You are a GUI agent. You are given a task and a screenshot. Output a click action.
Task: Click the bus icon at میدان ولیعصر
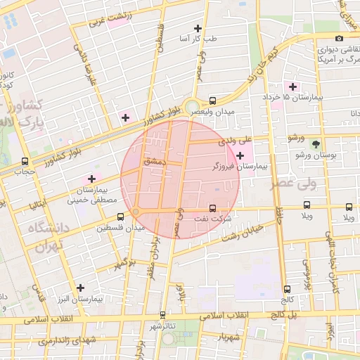(213, 100)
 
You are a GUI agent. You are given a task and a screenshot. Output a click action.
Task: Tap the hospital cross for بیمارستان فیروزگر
(240, 155)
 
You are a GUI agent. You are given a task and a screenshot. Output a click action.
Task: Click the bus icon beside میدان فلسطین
(120, 214)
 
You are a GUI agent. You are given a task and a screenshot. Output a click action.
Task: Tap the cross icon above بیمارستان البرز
(82, 288)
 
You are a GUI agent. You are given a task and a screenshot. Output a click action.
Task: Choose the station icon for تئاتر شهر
(163, 314)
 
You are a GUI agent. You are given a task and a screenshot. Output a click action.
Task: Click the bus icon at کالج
(286, 289)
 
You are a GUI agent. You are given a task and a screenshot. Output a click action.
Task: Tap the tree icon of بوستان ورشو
(315, 143)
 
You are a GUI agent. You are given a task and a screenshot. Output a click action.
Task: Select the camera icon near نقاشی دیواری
(340, 38)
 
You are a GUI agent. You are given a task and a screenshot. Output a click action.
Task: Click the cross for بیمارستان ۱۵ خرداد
(293, 86)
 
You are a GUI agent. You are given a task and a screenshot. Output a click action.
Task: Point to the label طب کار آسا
(199, 38)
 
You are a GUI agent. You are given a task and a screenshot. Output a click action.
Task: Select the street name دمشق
(153, 161)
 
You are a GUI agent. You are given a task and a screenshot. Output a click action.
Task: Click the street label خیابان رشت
(243, 233)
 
